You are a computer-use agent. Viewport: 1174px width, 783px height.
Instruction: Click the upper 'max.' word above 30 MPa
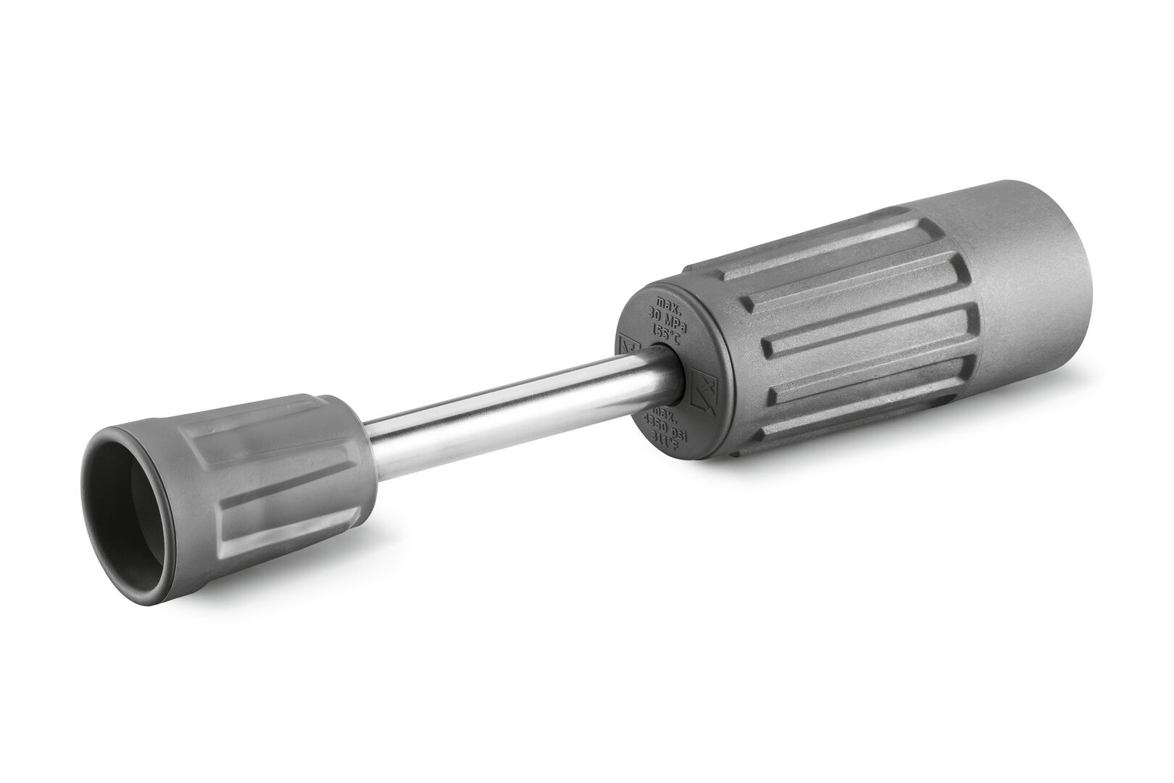667,302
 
